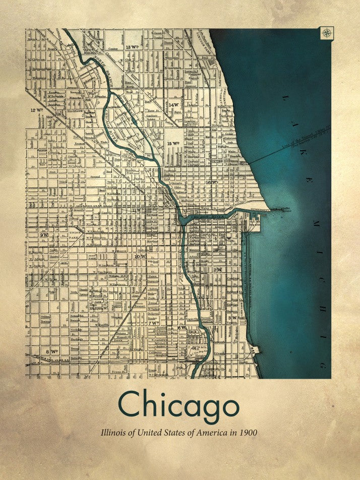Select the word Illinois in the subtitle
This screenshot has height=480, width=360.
[114, 433]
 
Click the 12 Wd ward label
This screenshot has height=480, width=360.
[36, 109]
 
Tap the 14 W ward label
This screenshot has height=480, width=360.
[174, 105]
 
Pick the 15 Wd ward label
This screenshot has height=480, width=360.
[172, 144]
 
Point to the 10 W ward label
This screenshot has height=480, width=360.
[139, 256]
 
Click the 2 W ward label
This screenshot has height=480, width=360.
[218, 270]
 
